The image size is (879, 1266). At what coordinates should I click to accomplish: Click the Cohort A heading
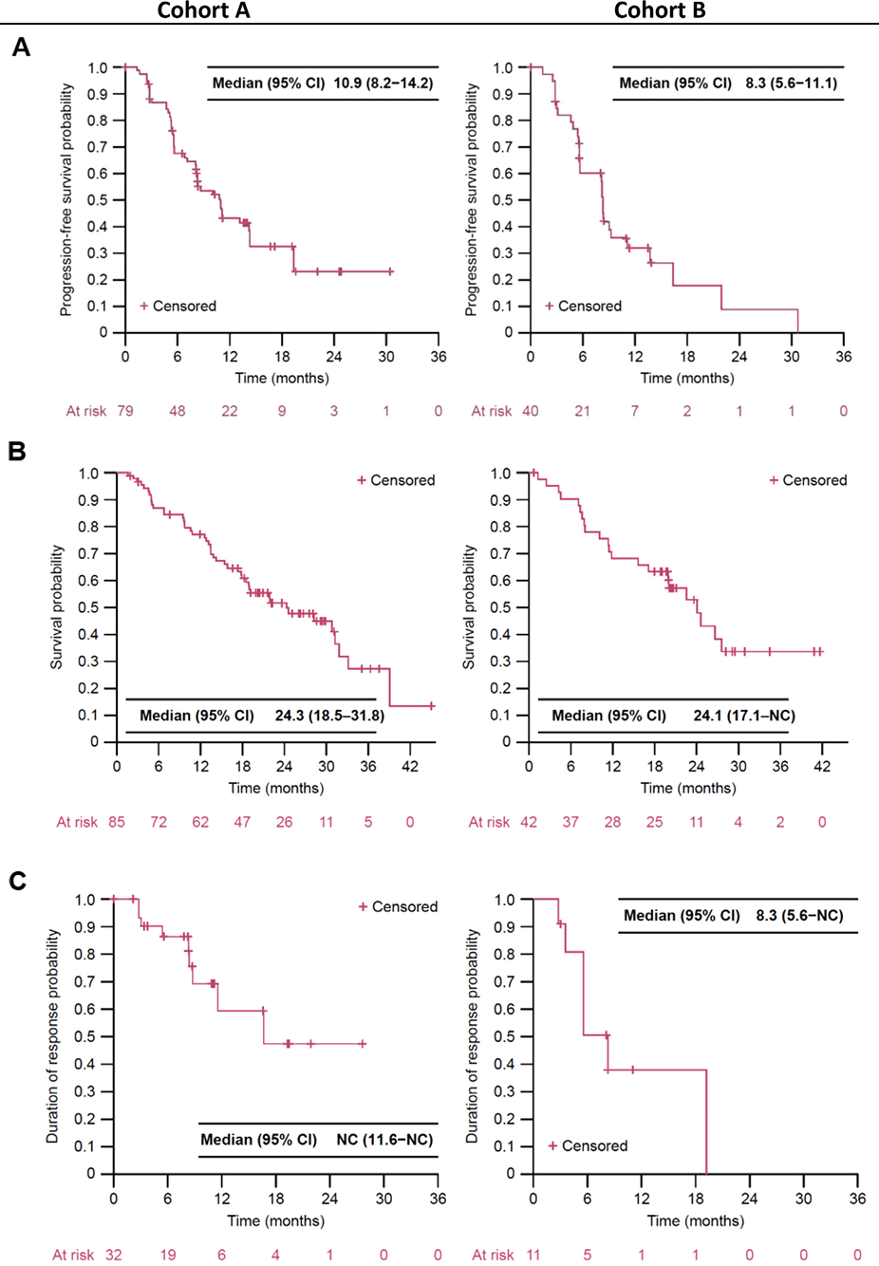(203, 10)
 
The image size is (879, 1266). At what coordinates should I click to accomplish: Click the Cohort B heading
(660, 10)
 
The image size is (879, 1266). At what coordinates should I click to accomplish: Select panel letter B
(17, 452)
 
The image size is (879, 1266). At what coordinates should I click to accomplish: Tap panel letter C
(17, 882)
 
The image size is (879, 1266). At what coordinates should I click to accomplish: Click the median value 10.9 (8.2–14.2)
(383, 84)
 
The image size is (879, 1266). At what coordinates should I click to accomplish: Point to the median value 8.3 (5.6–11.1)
(791, 84)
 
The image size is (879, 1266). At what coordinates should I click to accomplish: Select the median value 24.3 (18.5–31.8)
(329, 716)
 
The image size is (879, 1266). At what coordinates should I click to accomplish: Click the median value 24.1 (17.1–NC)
(744, 716)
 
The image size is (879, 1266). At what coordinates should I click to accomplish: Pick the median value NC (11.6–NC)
(384, 1140)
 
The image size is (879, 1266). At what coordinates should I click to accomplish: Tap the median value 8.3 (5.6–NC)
(799, 916)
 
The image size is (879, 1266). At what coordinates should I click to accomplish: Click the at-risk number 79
(125, 411)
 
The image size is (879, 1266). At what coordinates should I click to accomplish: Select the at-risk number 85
(117, 822)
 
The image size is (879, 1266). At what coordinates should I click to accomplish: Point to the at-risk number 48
(178, 411)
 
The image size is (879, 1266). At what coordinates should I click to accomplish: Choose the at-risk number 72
(159, 822)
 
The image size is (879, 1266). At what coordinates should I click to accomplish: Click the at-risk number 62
(200, 822)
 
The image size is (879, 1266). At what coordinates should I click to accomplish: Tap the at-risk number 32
(114, 1255)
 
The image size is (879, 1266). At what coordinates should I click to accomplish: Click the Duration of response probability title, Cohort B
(472, 1035)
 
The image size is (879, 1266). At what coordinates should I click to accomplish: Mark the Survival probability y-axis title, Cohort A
(57, 607)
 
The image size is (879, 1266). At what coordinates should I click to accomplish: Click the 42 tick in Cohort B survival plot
(822, 767)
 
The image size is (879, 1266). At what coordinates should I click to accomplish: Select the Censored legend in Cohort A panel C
(398, 907)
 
